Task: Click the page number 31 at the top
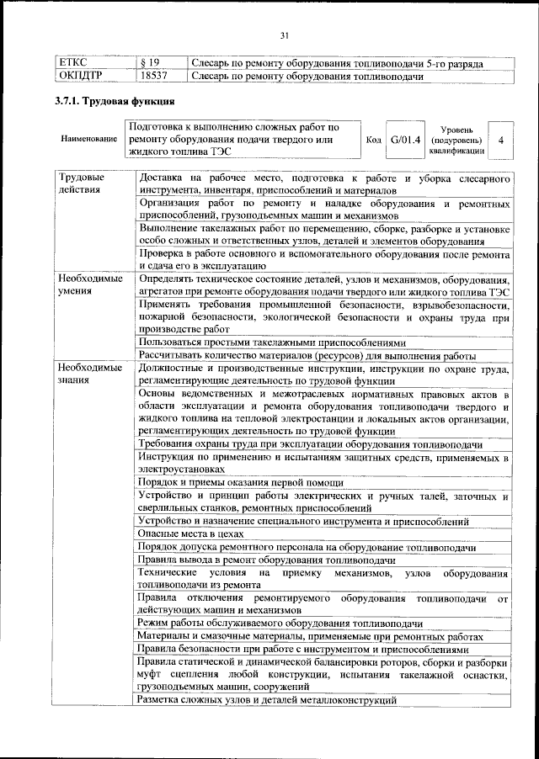(284, 34)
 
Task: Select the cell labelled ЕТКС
(73, 63)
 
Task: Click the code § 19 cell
(150, 63)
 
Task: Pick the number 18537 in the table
(154, 77)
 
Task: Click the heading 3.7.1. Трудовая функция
(113, 103)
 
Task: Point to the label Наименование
(88, 139)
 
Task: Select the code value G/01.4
(405, 139)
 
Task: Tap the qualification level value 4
(502, 139)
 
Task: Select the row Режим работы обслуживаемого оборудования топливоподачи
(280, 623)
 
